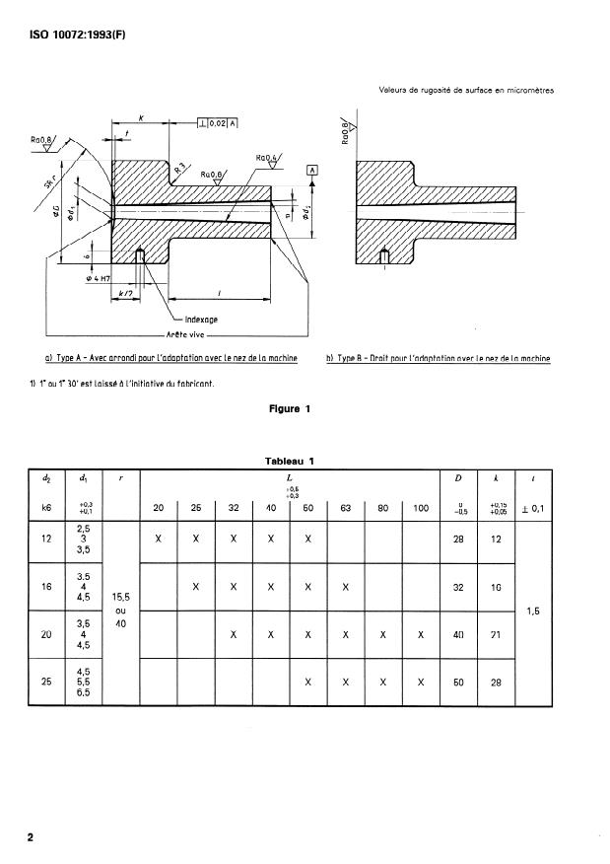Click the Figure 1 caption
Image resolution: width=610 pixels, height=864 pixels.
(291, 409)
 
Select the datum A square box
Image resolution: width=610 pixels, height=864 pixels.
(313, 170)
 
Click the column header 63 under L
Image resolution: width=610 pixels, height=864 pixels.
(347, 508)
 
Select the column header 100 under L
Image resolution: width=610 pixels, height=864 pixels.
(422, 508)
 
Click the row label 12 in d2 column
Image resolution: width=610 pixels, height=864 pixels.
(46, 540)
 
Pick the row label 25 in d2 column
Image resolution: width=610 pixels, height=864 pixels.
(46, 682)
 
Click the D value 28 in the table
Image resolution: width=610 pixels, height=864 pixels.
(458, 540)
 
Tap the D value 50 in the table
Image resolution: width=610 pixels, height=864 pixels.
(458, 682)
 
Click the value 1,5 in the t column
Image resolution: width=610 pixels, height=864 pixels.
(533, 611)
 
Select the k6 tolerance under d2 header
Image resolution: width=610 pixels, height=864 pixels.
(46, 508)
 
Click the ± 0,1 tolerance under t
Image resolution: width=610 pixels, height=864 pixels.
(533, 508)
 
